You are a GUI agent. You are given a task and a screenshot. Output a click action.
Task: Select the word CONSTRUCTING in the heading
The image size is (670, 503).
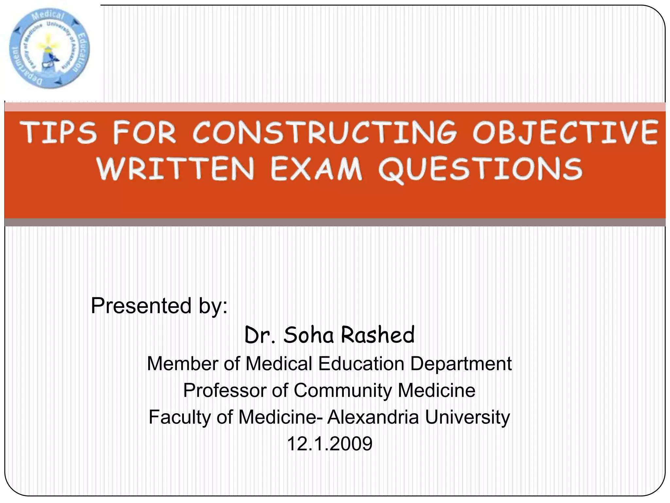[x=324, y=132]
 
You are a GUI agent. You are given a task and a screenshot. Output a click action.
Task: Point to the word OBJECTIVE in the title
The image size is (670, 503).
[x=565, y=132]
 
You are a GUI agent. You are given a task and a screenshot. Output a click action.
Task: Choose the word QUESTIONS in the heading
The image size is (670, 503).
[x=480, y=169]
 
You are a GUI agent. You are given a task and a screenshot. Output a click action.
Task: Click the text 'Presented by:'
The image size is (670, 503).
[x=159, y=306]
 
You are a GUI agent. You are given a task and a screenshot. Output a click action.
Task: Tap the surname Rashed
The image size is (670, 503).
[x=378, y=335]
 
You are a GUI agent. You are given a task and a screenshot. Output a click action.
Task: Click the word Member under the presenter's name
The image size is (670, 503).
[x=183, y=364]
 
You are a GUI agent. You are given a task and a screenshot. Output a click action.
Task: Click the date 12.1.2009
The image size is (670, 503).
[x=329, y=444]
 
